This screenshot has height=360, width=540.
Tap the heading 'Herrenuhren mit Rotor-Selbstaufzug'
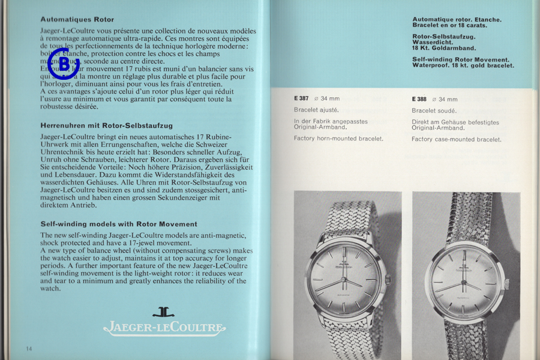106,126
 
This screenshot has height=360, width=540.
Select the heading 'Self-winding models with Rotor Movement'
119,224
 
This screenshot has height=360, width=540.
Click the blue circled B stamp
63,63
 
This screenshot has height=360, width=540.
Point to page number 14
29,349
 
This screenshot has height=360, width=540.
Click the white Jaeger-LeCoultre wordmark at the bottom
164,328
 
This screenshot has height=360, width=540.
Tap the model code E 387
302,99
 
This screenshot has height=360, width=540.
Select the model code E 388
419,99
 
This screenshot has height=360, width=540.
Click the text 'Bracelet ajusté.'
316,110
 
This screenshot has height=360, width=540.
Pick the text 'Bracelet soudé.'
434,110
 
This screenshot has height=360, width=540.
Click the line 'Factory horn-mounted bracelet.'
338,139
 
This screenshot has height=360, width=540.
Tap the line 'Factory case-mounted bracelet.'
456,139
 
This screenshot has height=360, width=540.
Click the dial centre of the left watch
344,282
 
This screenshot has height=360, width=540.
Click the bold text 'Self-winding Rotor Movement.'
461,59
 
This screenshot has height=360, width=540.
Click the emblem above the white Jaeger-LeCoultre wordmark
164,313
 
